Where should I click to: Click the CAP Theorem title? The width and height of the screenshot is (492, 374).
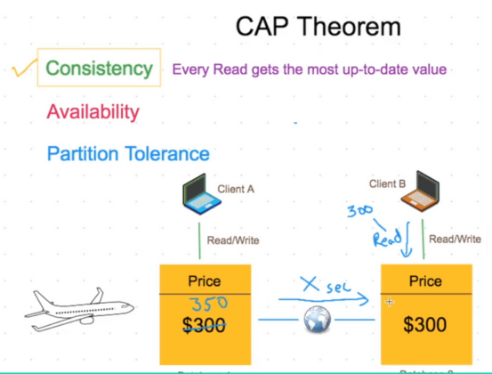pos(319,27)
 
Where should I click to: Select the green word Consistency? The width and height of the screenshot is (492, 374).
pos(99,69)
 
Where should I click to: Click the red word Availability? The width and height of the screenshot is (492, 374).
pos(93,111)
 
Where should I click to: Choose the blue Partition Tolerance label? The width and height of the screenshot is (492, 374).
pos(127,154)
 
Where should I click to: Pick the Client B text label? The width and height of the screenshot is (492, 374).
pos(387,183)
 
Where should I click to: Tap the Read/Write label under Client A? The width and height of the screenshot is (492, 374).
pos(232,240)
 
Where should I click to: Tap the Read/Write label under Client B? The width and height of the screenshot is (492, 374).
pos(455,239)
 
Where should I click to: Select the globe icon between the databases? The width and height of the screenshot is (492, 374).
pos(318,322)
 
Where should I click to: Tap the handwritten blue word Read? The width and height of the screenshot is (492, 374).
pos(388,238)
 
